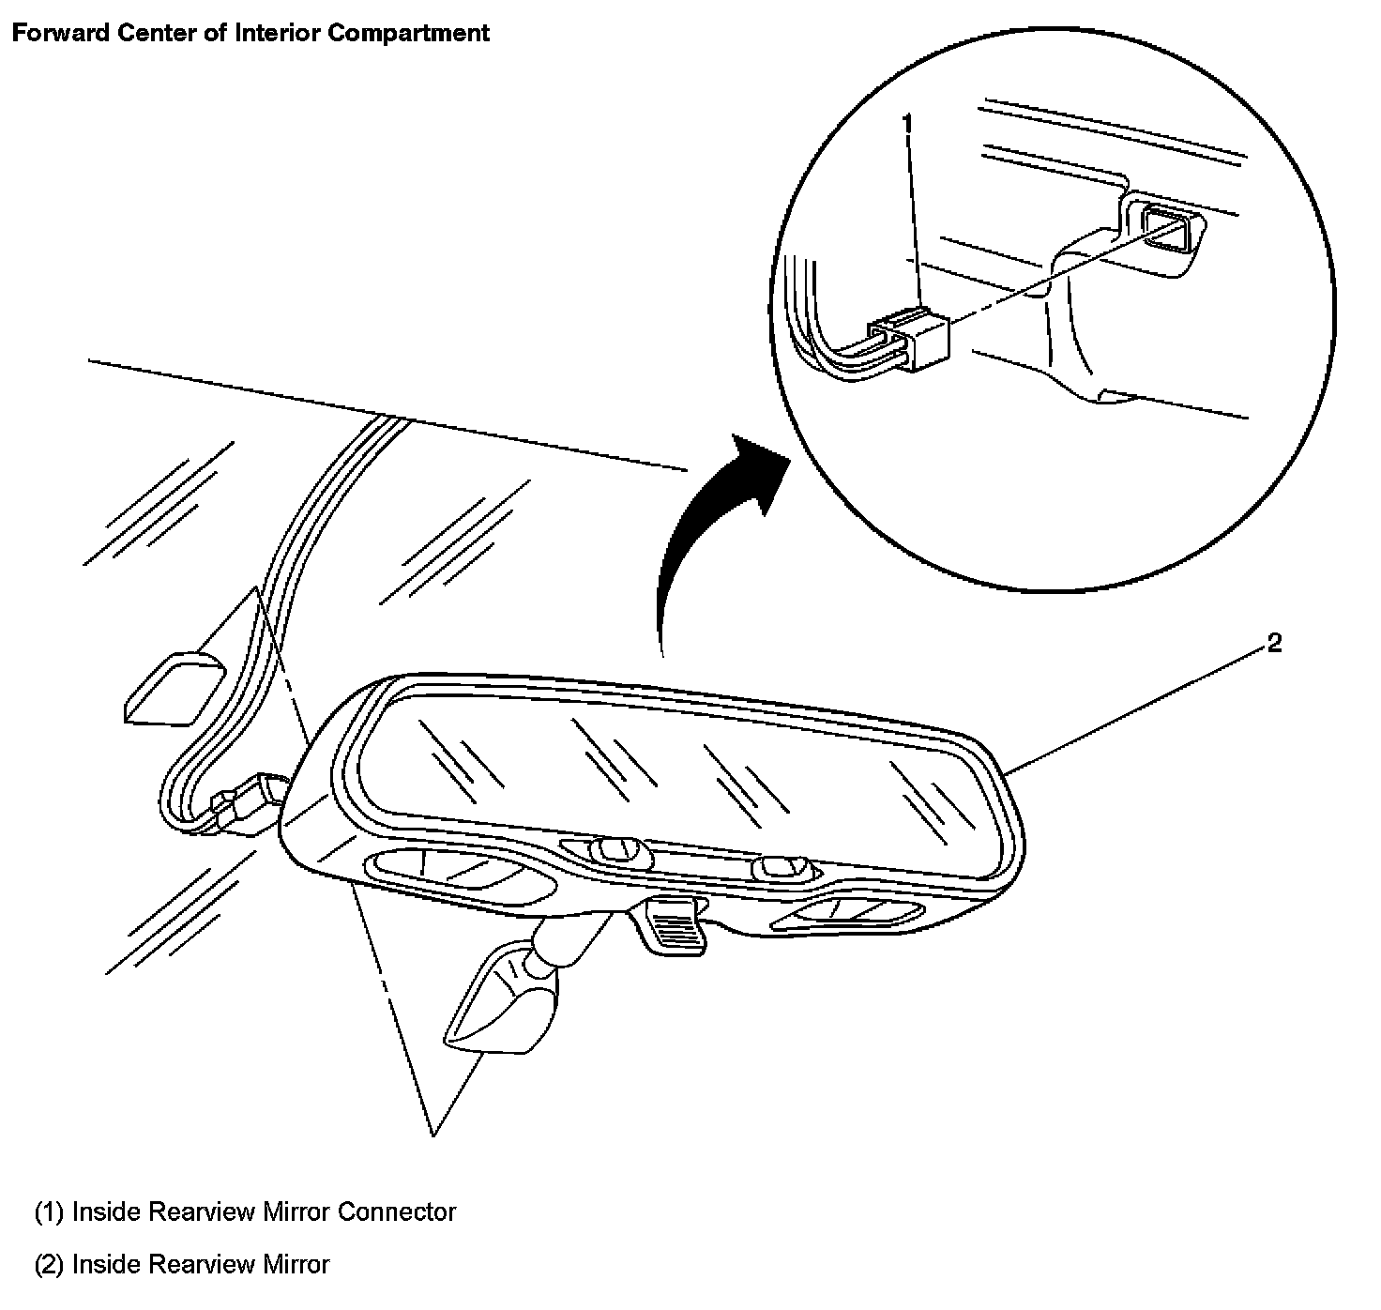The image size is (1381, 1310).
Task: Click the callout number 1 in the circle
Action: (x=906, y=123)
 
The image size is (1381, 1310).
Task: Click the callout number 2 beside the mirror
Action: (x=1274, y=644)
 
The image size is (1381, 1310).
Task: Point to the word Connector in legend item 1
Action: (x=396, y=1211)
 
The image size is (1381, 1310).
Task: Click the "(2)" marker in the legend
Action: (x=49, y=1264)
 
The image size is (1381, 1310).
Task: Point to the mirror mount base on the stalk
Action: (x=502, y=1000)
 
